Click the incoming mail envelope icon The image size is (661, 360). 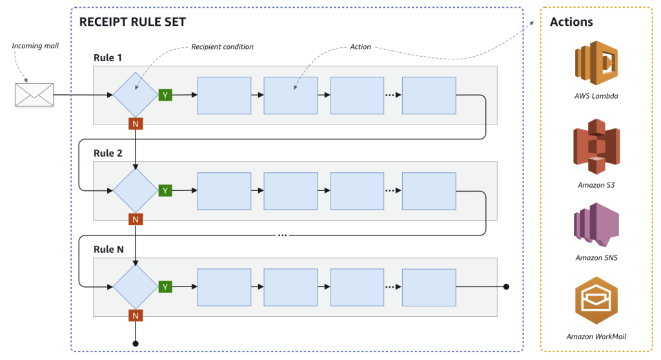pyautogui.click(x=34, y=95)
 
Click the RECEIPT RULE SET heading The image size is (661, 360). pyautogui.click(x=132, y=22)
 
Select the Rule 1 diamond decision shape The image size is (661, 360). pyautogui.click(x=135, y=95)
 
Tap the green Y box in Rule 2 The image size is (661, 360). pyautogui.click(x=165, y=190)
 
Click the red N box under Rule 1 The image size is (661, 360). pyautogui.click(x=135, y=124)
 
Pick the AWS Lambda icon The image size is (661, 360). pyautogui.click(x=596, y=63)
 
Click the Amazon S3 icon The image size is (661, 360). pyautogui.click(x=596, y=146)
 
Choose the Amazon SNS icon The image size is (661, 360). pyautogui.click(x=596, y=224)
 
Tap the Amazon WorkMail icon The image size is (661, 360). pyautogui.click(x=596, y=301)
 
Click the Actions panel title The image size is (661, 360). pyautogui.click(x=571, y=22)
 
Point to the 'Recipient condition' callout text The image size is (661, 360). pyautogui.click(x=222, y=47)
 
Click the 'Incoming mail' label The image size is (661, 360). pyautogui.click(x=36, y=46)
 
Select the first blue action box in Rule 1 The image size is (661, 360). pyautogui.click(x=224, y=95)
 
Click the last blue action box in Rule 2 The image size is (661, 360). pyautogui.click(x=429, y=191)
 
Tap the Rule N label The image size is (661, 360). pyautogui.click(x=108, y=249)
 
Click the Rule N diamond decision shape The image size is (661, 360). pyautogui.click(x=135, y=286)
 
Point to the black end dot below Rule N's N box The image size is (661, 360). pyautogui.click(x=135, y=343)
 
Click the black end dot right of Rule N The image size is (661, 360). pyautogui.click(x=506, y=286)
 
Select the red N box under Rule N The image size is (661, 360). pyautogui.click(x=135, y=315)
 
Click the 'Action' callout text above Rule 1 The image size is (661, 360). pyautogui.click(x=360, y=47)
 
